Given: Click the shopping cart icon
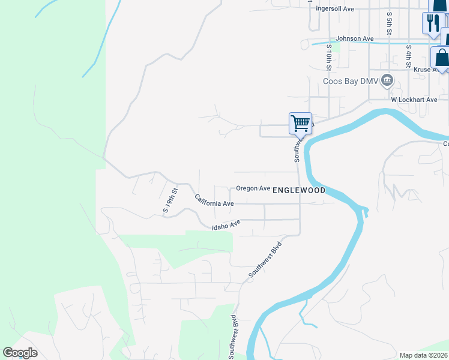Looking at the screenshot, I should pyautogui.click(x=300, y=124).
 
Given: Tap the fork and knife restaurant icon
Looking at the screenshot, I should pyautogui.click(x=433, y=23).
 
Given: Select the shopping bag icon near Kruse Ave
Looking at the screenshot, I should pyautogui.click(x=441, y=58).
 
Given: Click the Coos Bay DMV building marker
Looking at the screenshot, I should pyautogui.click(x=387, y=80).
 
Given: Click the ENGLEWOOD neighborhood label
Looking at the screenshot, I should pyautogui.click(x=299, y=190).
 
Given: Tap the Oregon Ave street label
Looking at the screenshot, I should pyautogui.click(x=253, y=188).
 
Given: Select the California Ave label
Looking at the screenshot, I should pyautogui.click(x=214, y=201).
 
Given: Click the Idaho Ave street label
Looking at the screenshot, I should pyautogui.click(x=226, y=226).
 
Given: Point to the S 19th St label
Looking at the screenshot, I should pyautogui.click(x=171, y=200).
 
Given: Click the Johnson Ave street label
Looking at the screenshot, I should pyautogui.click(x=354, y=38).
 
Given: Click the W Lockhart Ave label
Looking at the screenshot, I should pyautogui.click(x=414, y=99).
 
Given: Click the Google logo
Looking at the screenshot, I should pyautogui.click(x=20, y=353).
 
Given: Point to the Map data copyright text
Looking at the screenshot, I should pyautogui.click(x=424, y=355).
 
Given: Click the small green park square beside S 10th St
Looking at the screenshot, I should pyautogui.click(x=336, y=47).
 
